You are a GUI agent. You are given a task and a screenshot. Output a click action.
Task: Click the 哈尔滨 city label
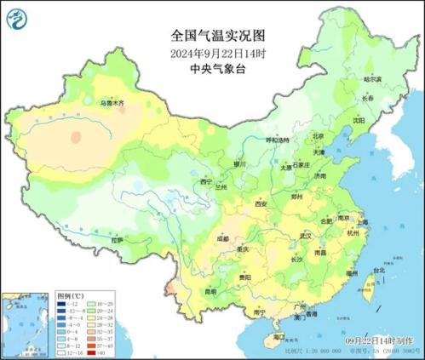(x=373, y=79)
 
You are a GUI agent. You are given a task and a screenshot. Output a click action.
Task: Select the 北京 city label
(x=318, y=134)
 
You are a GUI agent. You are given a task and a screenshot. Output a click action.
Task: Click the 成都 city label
(x=222, y=239)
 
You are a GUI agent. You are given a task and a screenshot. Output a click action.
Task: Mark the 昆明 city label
(x=210, y=292)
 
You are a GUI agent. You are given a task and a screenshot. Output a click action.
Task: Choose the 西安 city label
(x=261, y=204)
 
